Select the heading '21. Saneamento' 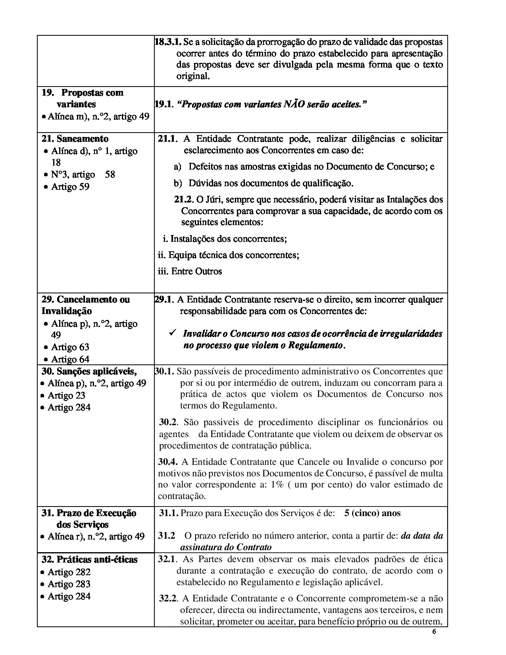(x=75, y=139)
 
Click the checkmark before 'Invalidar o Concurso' (x=172, y=333)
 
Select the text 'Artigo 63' (x=70, y=347)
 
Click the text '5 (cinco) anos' (x=372, y=513)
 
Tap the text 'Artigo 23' (x=66, y=395)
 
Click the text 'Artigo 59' (x=70, y=187)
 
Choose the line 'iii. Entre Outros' (x=190, y=271)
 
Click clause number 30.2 (x=168, y=422)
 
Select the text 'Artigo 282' (x=69, y=572)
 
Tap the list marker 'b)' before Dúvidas (x=178, y=183)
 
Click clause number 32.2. (x=167, y=599)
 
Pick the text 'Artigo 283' (x=69, y=584)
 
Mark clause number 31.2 (x=167, y=536)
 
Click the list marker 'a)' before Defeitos (x=178, y=167)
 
